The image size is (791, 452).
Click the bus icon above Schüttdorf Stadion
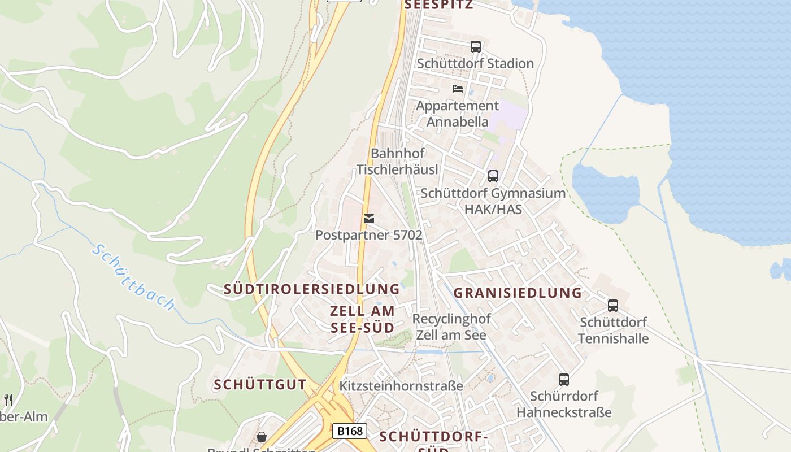(476, 47)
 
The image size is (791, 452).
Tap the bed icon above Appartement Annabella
(458, 89)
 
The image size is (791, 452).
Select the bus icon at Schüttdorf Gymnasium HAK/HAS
(493, 176)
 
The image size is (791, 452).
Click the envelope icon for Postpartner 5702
(369, 219)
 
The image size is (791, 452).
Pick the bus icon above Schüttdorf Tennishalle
(613, 306)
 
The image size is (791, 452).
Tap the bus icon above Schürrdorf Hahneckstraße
(563, 380)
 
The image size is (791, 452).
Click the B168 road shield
(349, 431)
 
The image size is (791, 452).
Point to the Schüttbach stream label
(134, 277)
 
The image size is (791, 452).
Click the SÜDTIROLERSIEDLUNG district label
(312, 289)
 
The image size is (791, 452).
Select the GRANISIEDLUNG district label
(518, 293)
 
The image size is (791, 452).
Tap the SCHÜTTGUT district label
(260, 385)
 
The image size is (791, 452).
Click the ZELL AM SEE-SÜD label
(362, 319)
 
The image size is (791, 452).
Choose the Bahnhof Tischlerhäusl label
(397, 162)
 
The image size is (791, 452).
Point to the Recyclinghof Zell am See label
(451, 327)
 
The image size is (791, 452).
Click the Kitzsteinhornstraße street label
(401, 386)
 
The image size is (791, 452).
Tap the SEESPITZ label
(438, 5)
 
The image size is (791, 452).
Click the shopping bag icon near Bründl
(262, 437)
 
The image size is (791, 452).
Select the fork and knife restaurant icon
(8, 400)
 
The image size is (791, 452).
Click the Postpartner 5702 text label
(369, 235)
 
